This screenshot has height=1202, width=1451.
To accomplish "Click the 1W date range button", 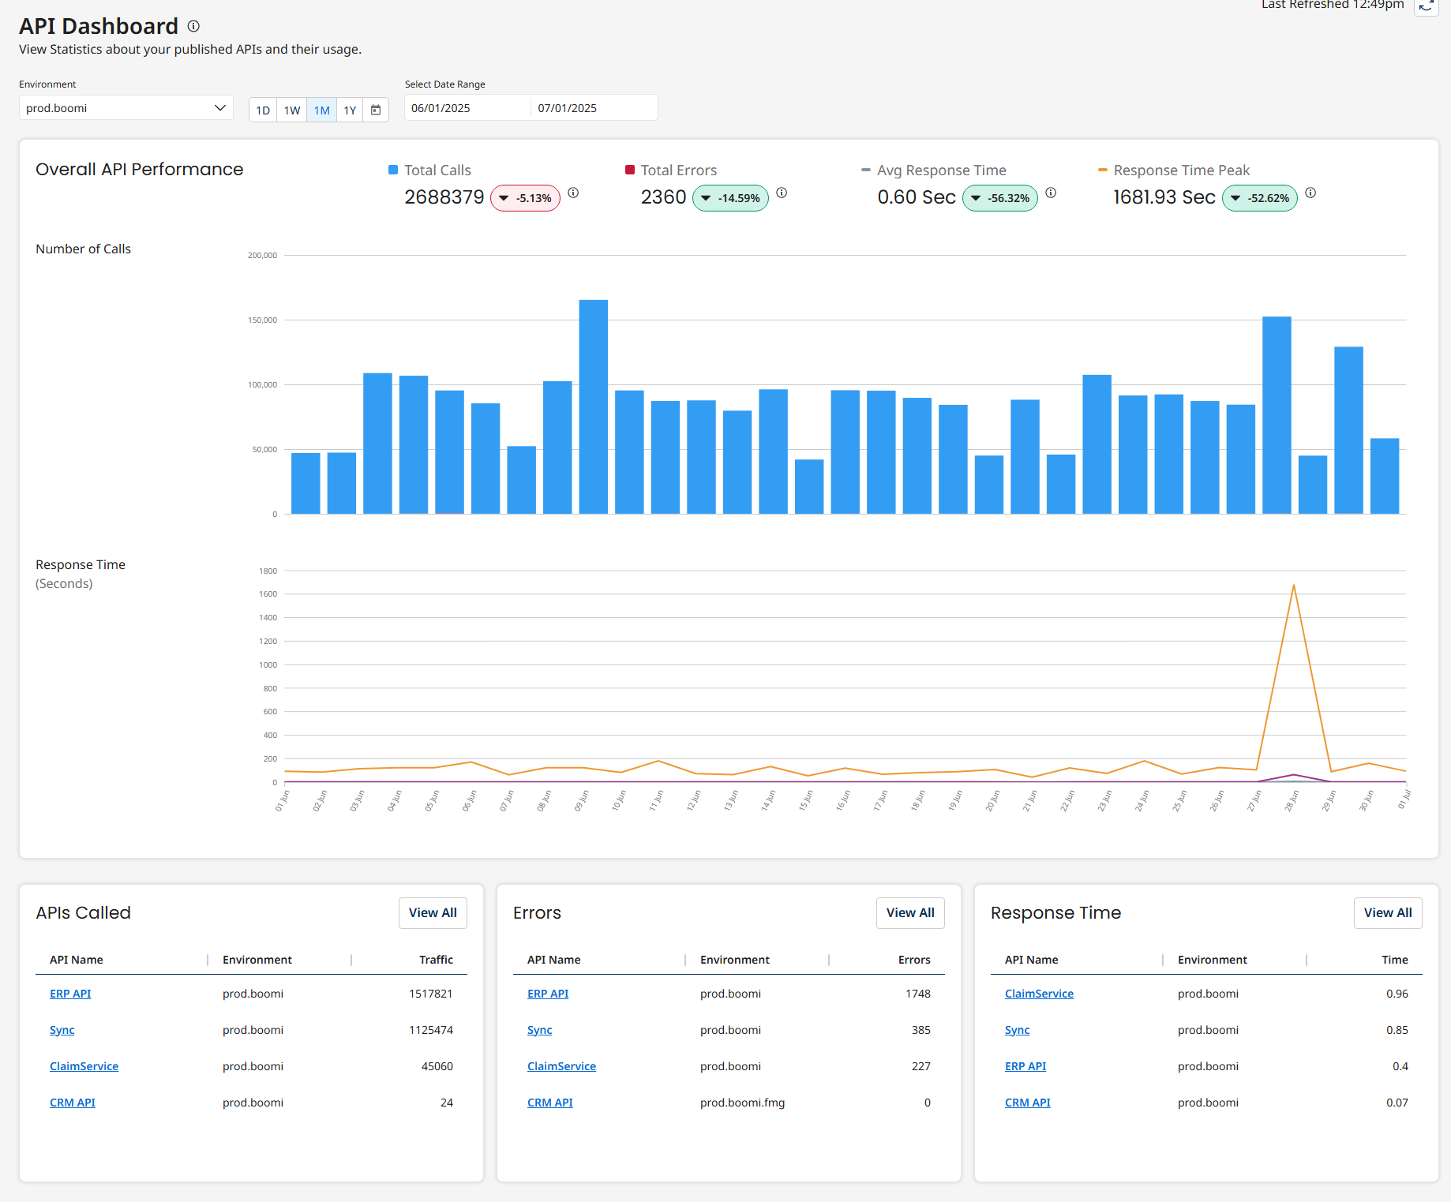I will coord(292,110).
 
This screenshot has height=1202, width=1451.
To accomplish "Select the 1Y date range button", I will coord(350,110).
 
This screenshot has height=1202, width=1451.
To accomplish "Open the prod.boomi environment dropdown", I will coord(126,108).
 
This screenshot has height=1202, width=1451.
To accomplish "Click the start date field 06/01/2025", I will coord(466,108).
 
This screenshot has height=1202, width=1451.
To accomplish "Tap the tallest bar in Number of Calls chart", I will coord(593,406).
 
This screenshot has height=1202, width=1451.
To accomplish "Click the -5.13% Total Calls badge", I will coord(525,198).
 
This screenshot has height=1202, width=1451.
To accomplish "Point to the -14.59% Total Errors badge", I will coord(730,198).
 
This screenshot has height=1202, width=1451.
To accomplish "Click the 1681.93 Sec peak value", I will coord(1164,197).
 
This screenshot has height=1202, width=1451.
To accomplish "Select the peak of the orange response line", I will coord(1293,586).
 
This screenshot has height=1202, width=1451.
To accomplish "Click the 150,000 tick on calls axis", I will coord(262,320).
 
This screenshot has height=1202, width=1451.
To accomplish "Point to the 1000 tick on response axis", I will coord(268,665).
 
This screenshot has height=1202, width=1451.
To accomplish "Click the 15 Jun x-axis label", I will coord(805,800).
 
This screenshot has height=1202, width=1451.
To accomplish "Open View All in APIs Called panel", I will coord(433,913).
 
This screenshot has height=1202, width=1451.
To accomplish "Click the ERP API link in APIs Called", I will coord(70,994).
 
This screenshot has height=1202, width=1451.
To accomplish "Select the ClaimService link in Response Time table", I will coord(1039,994).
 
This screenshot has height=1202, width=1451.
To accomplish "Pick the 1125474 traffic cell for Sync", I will coord(430,1030).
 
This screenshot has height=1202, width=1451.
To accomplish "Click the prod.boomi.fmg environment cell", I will coord(742,1103).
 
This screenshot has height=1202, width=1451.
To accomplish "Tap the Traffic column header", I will coord(436,960).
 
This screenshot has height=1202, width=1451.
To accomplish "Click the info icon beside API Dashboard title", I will coord(193,26).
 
